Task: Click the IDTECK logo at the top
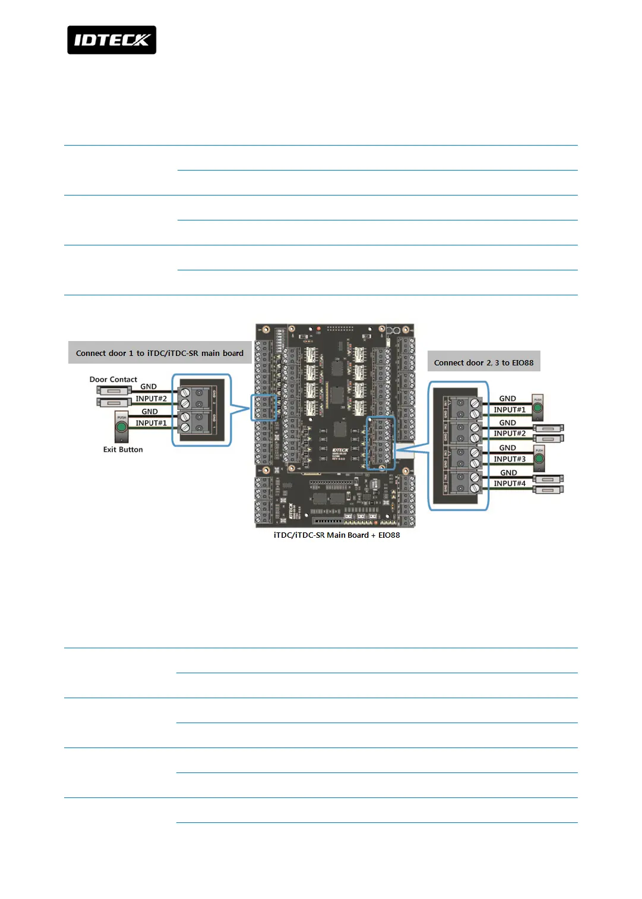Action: tap(112, 40)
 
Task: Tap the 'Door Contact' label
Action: tap(113, 379)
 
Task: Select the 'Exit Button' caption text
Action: tap(123, 450)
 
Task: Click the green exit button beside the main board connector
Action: tap(122, 427)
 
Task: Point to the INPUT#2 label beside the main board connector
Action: tap(151, 399)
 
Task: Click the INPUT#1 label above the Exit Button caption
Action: tap(151, 423)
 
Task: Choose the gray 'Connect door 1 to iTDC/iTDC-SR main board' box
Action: tap(160, 353)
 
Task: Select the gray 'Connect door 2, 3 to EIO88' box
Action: tap(483, 362)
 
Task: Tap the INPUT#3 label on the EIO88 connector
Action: tap(510, 459)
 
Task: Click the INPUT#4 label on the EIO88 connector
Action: tap(510, 483)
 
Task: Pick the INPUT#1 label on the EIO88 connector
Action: tap(510, 409)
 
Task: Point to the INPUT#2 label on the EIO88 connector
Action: tap(510, 433)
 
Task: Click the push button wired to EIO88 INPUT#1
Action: tap(537, 408)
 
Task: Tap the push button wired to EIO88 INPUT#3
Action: tap(539, 458)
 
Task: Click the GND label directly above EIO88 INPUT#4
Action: tap(508, 473)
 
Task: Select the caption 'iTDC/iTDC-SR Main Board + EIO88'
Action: tap(337, 535)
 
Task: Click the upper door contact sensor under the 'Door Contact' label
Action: tap(113, 390)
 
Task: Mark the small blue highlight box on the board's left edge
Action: tap(264, 408)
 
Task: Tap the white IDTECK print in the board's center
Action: tap(340, 450)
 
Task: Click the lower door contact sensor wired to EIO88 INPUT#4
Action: tap(548, 490)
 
